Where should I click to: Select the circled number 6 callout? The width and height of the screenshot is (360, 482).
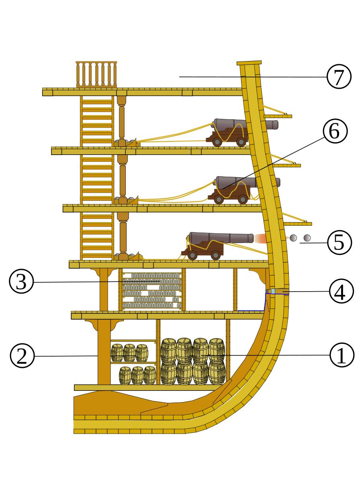click(x=335, y=131)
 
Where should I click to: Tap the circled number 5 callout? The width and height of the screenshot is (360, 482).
click(x=339, y=243)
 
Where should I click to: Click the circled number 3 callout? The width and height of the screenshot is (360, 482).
click(x=21, y=281)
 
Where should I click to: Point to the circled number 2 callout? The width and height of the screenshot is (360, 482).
click(x=22, y=355)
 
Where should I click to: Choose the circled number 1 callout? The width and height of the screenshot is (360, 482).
click(x=342, y=355)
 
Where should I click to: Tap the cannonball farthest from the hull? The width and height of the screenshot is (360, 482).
click(x=307, y=238)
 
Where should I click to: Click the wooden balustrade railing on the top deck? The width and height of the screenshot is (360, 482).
click(x=96, y=74)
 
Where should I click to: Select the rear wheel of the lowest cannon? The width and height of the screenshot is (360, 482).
click(x=192, y=255)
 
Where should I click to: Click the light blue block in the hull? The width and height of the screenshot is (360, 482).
click(x=273, y=291)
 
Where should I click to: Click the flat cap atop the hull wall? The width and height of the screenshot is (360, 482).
click(x=249, y=63)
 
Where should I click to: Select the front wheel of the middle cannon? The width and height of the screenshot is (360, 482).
click(x=243, y=199)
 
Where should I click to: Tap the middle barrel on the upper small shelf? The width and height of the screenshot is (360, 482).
click(x=129, y=353)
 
